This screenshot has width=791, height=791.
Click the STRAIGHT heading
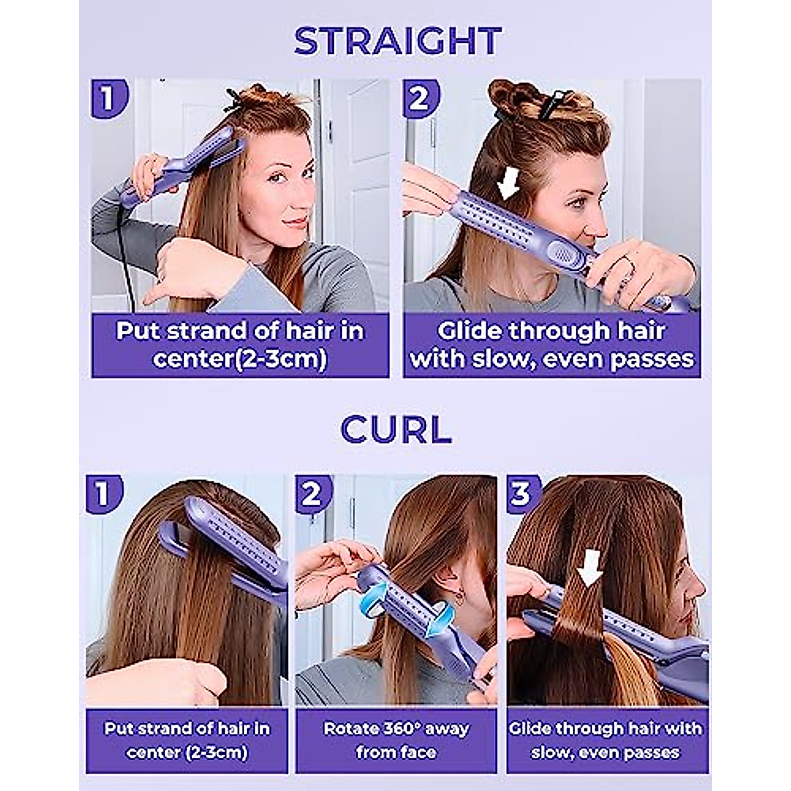click(397, 40)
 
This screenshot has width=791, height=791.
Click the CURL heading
click(396, 430)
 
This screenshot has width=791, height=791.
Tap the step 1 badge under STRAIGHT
click(107, 98)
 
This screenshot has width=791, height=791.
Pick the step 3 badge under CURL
click(521, 493)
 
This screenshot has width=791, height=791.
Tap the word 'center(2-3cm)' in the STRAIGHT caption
click(240, 360)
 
